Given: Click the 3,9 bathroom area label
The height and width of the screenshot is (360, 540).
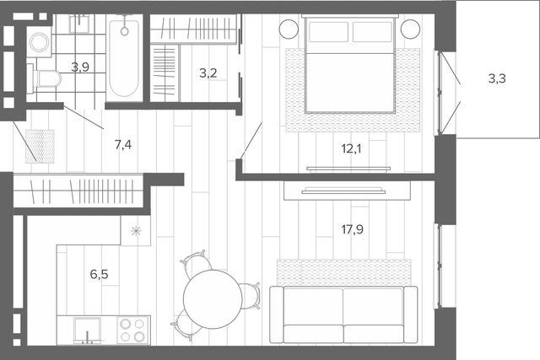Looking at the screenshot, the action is coord(80,67).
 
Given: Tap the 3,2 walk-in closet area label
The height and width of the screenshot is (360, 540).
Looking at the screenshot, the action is coord(208,73).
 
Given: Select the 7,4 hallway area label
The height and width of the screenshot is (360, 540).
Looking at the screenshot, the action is coord(123,145).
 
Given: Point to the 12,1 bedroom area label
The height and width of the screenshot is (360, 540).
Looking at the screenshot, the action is coord(351,148).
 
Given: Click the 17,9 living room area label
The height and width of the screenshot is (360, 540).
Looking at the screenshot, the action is coord(353,229).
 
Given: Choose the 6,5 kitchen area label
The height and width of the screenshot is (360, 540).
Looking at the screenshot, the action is coord(100,274).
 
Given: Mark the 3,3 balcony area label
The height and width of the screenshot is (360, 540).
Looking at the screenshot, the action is coord(497,78).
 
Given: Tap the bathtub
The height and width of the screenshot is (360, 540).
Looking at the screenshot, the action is coord(124,58).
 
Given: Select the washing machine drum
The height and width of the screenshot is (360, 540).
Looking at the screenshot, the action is coord(39,42).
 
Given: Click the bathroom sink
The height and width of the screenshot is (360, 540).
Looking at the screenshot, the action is coord(79,24).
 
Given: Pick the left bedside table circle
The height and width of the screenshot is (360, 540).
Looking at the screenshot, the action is coord(289,29).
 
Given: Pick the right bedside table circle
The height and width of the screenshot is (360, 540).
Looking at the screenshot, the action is coord(410,29).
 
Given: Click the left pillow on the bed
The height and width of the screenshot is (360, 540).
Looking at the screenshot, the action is coord(328,32).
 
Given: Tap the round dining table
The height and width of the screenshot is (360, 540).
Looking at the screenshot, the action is coord(213,299).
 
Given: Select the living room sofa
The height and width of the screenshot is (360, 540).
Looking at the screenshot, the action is coord(343,314).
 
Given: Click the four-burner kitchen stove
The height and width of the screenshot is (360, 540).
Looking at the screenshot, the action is coord(132,330).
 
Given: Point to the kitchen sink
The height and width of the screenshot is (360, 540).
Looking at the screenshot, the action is coord(88,330).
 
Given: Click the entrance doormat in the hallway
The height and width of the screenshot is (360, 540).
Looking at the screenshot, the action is coord(40,146).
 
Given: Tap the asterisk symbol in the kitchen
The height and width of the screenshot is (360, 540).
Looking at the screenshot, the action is coord(136,231).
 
